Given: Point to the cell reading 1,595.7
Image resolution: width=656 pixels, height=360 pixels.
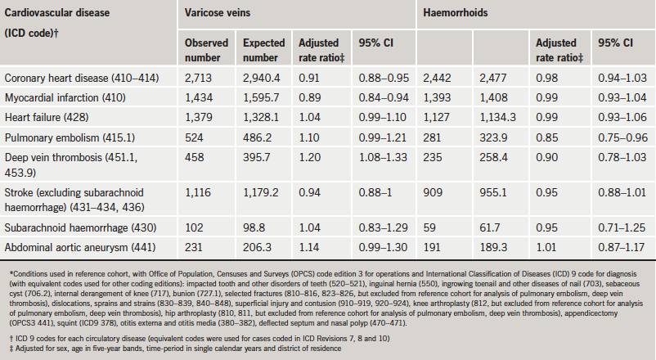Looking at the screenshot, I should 260,97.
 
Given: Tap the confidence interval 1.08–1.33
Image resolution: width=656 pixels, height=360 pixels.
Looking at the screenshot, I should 380,155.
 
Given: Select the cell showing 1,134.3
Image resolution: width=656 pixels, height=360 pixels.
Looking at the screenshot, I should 495,116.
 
